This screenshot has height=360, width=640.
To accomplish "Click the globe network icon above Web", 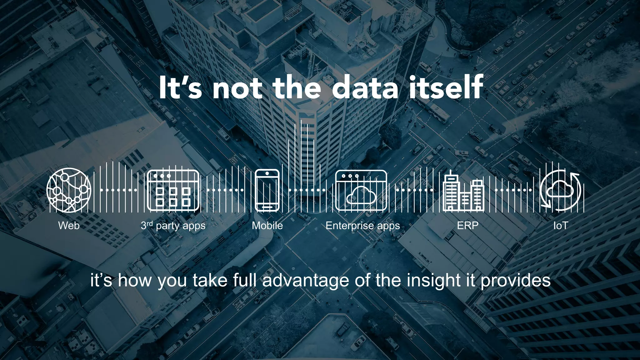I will (69, 190).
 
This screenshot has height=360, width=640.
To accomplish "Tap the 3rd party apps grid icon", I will (173, 190).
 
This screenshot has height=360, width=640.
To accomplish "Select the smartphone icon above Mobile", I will (267, 190).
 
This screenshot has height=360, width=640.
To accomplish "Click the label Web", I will (69, 226).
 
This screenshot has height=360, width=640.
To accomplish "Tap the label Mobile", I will (267, 226).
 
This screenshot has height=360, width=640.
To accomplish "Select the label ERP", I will (467, 226).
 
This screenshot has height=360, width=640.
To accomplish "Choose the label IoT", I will (560, 226).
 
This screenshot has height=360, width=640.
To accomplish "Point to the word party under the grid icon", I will (168, 226).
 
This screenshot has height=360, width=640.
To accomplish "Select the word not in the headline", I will (237, 88).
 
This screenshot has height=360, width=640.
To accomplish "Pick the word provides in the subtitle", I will (515, 280).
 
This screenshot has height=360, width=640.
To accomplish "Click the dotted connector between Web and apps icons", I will (119, 190).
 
